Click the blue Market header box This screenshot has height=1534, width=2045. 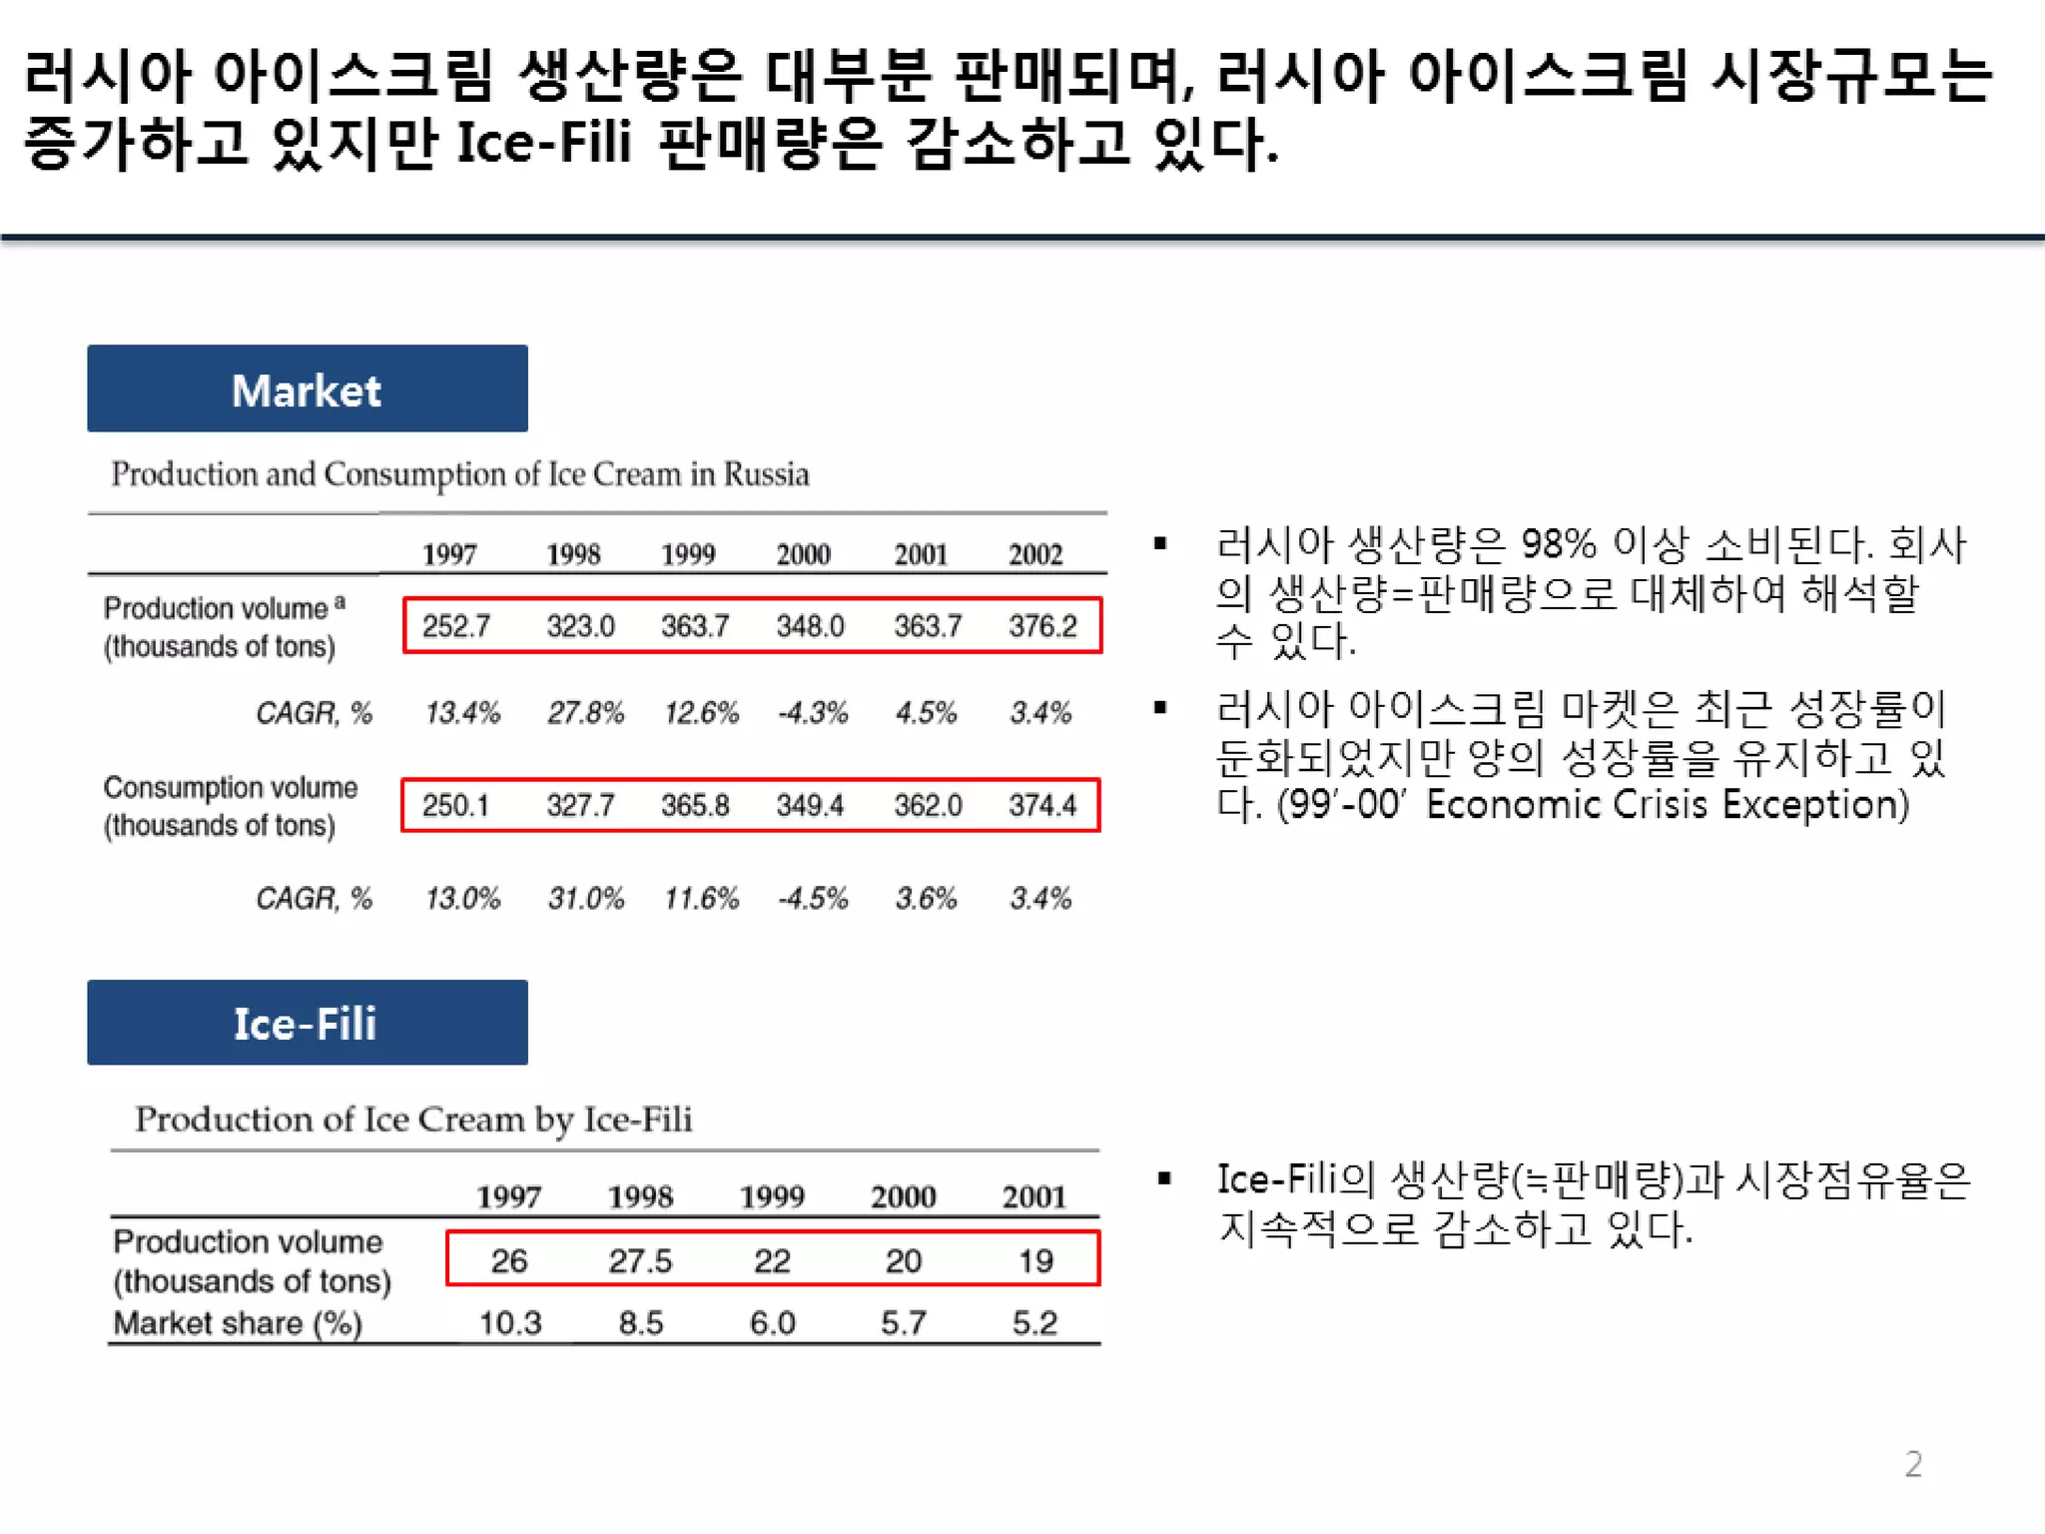coord(307,388)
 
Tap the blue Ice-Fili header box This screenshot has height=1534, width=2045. coord(307,1023)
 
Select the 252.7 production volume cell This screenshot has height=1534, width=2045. coord(456,626)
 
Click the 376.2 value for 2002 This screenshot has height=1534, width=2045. coord(1042,626)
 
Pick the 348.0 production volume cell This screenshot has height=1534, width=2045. coord(810,626)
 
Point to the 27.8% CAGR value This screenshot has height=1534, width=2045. coord(585,713)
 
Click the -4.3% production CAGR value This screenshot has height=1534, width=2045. coord(813,713)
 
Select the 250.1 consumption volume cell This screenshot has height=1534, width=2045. coord(455,805)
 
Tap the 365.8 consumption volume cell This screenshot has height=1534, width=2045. coord(695,805)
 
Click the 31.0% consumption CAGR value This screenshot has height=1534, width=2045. coord(585,899)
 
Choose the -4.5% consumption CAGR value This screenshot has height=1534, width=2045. coord(813,899)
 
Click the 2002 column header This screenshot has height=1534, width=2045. coord(1035,554)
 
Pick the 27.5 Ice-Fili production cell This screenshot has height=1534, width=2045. coord(640,1260)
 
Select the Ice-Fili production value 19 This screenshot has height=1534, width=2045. coord(1035,1260)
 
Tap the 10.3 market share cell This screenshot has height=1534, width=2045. coord(510,1323)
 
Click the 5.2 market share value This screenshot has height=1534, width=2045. coord(1034,1323)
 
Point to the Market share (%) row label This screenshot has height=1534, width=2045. coord(238,1323)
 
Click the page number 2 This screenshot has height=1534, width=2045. coord(1912,1464)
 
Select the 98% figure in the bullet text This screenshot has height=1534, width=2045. coord(1558,545)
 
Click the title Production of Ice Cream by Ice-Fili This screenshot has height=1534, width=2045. coord(413,1120)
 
